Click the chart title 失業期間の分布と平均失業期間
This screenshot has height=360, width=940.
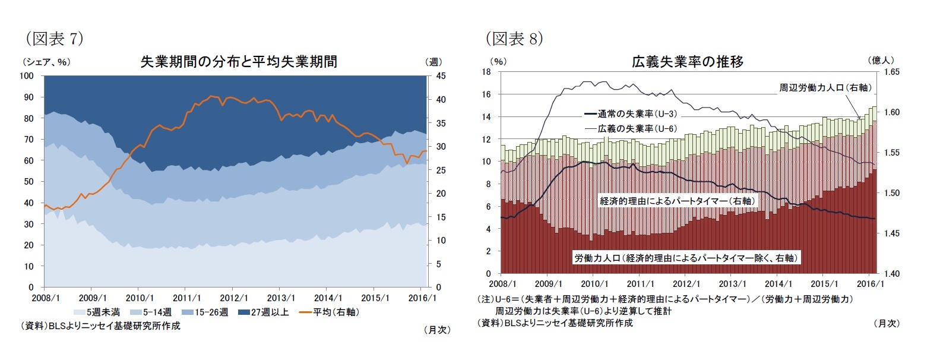tap(238, 62)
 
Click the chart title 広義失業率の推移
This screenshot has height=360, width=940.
tap(687, 62)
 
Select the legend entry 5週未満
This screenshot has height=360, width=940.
tap(97, 312)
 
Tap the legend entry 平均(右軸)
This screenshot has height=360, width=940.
tap(330, 312)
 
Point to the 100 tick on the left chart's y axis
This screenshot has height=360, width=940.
tap(27, 76)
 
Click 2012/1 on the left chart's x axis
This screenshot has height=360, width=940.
tap(234, 298)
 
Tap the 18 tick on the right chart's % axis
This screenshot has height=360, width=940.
tap(486, 72)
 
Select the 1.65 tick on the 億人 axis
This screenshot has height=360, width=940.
tap(891, 72)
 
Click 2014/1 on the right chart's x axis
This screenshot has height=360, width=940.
tap(778, 285)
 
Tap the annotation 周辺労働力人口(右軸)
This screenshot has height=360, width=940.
tap(825, 87)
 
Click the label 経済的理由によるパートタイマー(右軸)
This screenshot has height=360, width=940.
tap(677, 201)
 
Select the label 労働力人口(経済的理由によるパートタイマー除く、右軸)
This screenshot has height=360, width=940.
tap(686, 258)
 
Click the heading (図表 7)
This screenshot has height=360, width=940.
tap(54, 39)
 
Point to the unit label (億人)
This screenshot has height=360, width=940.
tap(881, 60)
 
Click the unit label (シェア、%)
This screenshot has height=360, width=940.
tap(46, 62)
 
